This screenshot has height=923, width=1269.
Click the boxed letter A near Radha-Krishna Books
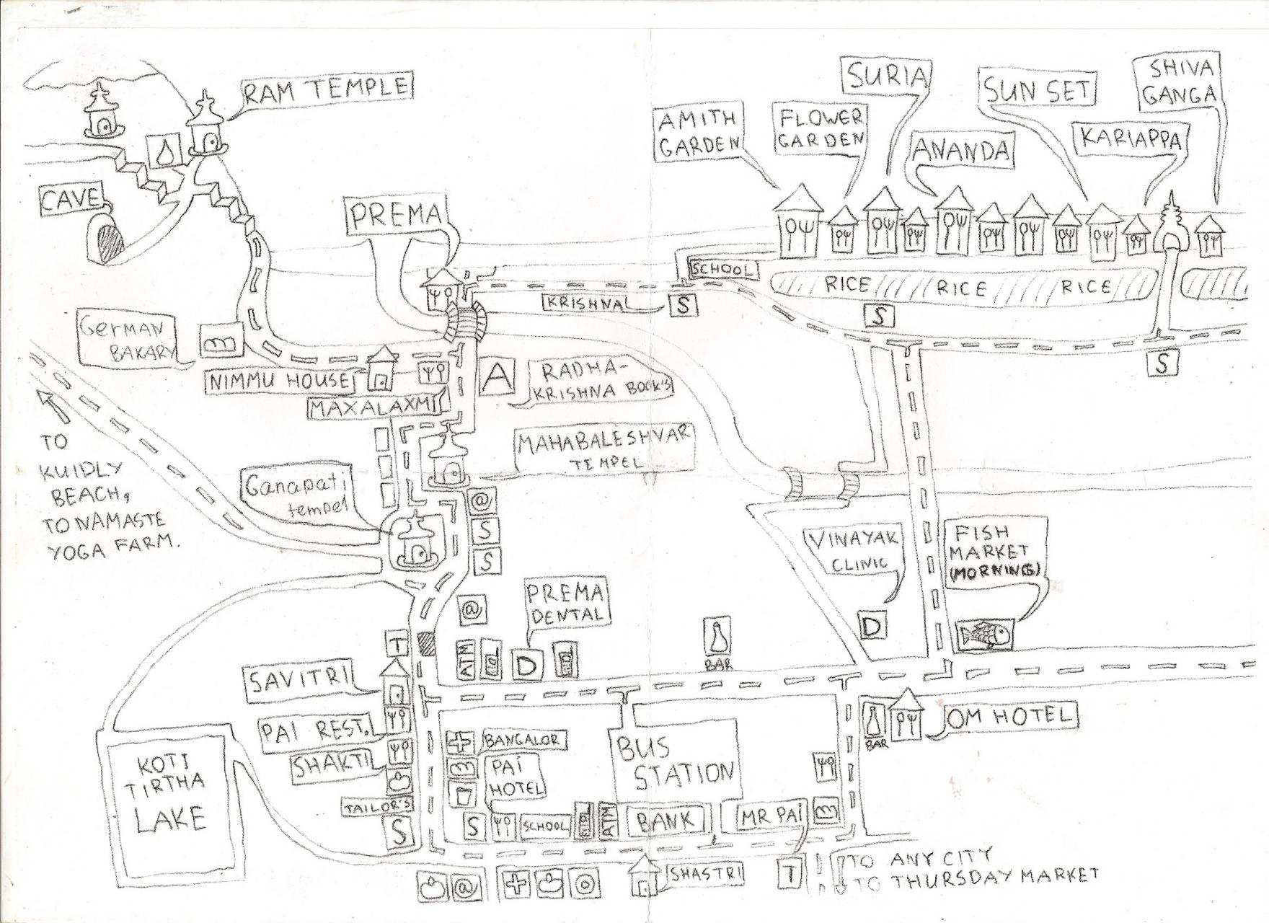point(495,377)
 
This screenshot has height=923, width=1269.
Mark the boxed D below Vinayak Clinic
point(872,626)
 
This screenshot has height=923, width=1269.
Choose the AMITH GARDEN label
point(697,132)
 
